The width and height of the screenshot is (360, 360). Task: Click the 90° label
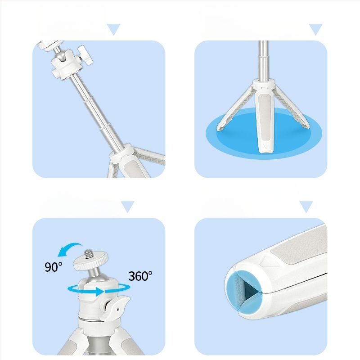tap(53, 267)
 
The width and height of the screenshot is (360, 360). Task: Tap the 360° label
tap(140, 276)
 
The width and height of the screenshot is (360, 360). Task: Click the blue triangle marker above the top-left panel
tap(114, 29)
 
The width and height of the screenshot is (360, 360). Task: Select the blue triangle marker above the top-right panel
tap(316, 29)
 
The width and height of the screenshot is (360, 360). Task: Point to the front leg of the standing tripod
tap(265, 119)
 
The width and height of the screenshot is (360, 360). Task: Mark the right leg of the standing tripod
tap(292, 108)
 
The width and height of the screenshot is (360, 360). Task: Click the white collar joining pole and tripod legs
tap(264, 84)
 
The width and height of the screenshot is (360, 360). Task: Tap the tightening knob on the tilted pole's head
tap(85, 54)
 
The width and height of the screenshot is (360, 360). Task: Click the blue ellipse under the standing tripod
tap(264, 133)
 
